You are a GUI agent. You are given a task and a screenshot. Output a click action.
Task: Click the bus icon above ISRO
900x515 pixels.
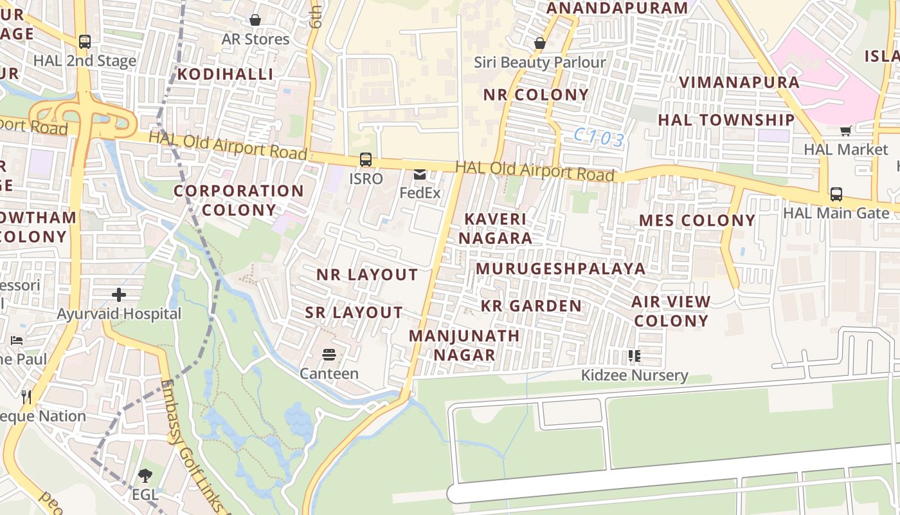[x=365, y=159]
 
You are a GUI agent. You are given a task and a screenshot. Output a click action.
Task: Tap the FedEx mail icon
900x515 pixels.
[x=420, y=174]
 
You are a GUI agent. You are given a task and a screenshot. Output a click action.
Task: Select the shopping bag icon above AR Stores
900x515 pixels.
[x=255, y=20]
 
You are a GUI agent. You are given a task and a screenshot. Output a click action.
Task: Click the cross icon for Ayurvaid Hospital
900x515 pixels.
[x=119, y=295]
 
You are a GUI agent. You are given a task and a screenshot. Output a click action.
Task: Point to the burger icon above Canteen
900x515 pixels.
[x=329, y=355]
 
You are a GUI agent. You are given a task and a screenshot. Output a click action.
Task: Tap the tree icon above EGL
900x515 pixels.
[x=145, y=476]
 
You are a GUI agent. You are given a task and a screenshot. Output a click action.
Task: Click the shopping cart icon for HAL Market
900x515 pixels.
[x=845, y=131]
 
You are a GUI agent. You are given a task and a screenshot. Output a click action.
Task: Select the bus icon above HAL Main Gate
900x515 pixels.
[x=836, y=194]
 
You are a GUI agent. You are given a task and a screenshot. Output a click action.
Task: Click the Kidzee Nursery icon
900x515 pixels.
[x=634, y=356]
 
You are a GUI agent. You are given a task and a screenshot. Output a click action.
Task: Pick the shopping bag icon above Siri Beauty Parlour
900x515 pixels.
[x=539, y=43]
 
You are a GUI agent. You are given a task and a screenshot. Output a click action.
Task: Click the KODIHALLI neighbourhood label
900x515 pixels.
[x=226, y=74]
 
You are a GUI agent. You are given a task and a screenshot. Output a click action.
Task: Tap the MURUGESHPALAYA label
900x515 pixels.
[x=561, y=268]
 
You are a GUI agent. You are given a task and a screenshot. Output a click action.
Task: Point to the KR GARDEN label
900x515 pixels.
[x=531, y=306]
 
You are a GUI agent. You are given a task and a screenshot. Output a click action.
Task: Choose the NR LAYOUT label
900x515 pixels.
[x=367, y=275]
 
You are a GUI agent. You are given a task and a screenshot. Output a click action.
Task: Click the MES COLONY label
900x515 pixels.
[x=697, y=221]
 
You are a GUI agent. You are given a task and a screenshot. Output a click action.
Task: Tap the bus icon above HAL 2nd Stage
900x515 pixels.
[x=84, y=42]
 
